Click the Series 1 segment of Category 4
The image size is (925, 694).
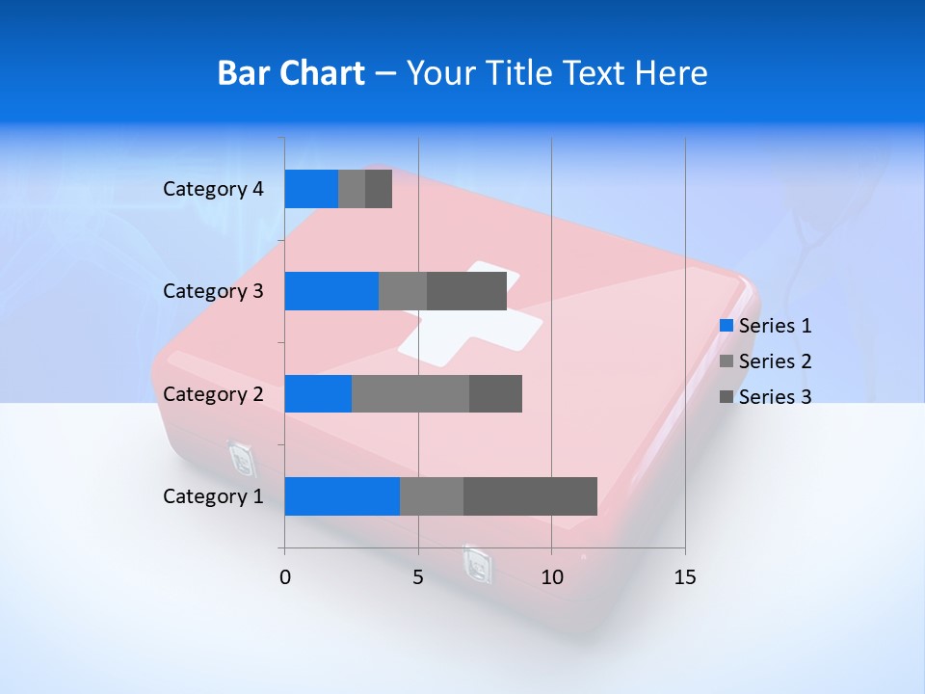(x=311, y=189)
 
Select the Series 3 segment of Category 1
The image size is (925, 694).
(x=530, y=495)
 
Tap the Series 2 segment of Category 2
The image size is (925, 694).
(x=410, y=393)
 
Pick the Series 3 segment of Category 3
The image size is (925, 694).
(x=466, y=291)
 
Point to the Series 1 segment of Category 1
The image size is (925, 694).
(x=342, y=495)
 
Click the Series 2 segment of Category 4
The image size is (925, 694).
(x=352, y=189)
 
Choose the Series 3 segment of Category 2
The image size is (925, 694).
(x=495, y=393)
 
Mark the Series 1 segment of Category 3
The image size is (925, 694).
(x=331, y=291)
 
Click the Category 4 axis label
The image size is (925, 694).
(x=213, y=189)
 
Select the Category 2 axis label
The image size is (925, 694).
(x=213, y=393)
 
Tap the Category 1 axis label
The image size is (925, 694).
(x=213, y=495)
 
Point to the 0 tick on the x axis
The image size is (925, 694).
(x=285, y=577)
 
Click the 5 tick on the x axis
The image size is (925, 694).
(x=418, y=577)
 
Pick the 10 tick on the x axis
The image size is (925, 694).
(x=551, y=577)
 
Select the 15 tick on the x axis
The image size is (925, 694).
(x=684, y=577)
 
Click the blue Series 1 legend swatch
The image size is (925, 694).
(x=727, y=326)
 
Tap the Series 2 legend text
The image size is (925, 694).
(x=775, y=361)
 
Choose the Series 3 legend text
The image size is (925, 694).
(x=775, y=397)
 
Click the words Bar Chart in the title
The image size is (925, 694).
(x=290, y=73)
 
